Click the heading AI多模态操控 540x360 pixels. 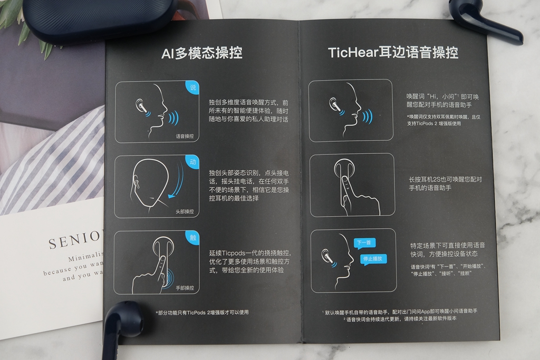coord(201,53)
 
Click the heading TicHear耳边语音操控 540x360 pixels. coord(393,52)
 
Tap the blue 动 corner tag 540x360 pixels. coord(193,162)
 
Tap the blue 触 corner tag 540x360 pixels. coord(193,238)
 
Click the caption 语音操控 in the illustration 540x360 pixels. coord(185,136)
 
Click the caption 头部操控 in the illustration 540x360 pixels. coord(185,211)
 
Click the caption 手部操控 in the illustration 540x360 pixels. coord(185,288)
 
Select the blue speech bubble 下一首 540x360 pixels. coord(363,243)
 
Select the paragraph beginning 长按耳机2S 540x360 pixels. coord(446,183)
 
